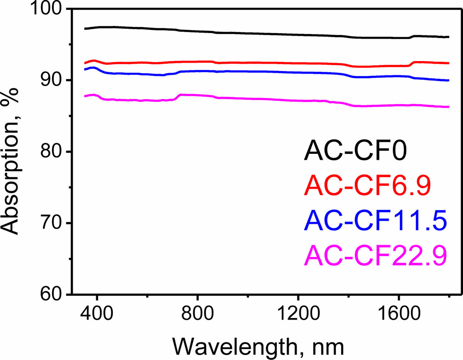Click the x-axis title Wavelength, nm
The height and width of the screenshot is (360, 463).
[258, 347]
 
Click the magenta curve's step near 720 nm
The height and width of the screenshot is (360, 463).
[177, 97]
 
